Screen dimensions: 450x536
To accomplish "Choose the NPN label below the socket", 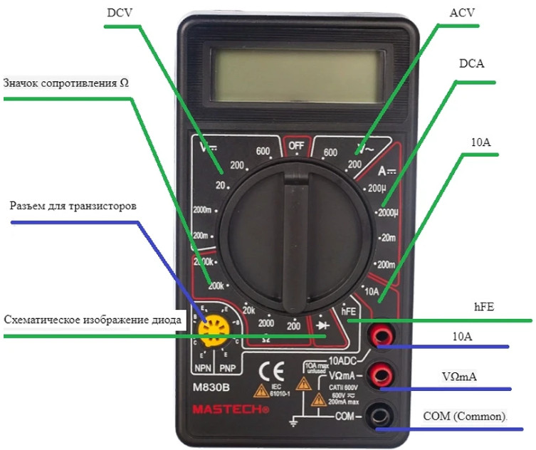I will point(203,368).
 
